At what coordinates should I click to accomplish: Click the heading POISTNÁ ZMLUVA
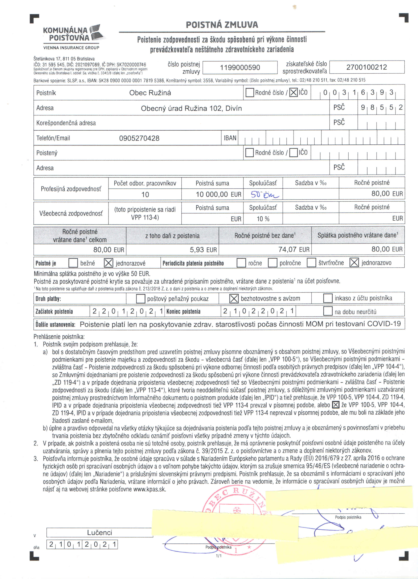pyautogui.click(x=222, y=25)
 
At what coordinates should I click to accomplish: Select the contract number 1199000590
pyautogui.click(x=240, y=68)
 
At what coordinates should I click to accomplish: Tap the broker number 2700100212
pyautogui.click(x=366, y=67)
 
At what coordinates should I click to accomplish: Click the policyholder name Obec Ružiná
pyautogui.click(x=150, y=93)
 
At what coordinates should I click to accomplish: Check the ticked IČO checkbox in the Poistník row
pyautogui.click(x=293, y=92)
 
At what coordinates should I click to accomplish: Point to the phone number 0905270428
pyautogui.click(x=139, y=138)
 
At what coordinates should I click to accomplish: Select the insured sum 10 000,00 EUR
pyautogui.click(x=218, y=194)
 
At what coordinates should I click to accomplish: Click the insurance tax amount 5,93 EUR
pyautogui.click(x=203, y=250)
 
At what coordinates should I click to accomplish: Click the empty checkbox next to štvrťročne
pyautogui.click(x=311, y=263)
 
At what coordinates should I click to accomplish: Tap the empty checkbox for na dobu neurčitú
pyautogui.click(x=328, y=311)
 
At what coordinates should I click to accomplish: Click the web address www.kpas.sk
pyautogui.click(x=149, y=489)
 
